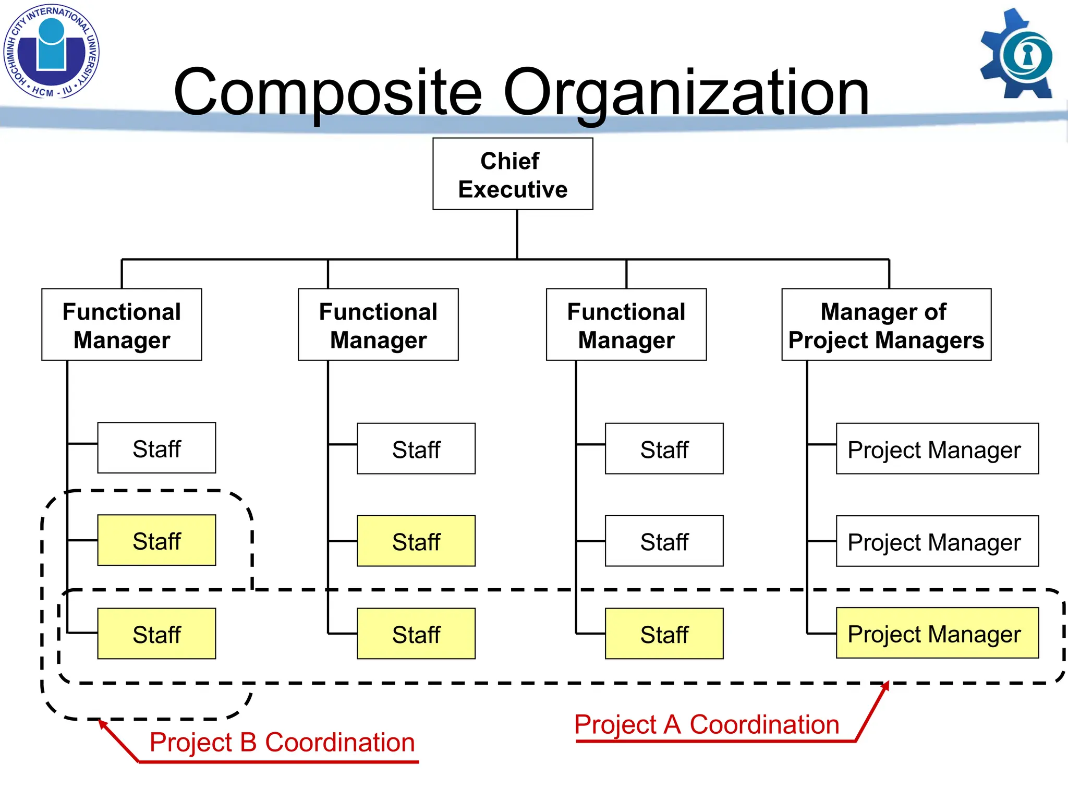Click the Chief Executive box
(513, 174)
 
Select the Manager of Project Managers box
(886, 324)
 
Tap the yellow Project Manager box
(937, 633)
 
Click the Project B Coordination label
(282, 742)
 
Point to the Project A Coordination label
(707, 724)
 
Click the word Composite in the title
(327, 93)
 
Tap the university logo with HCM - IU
(51, 52)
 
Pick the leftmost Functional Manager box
(122, 324)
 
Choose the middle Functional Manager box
(378, 324)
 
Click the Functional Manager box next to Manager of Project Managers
(626, 324)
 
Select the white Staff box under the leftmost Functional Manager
(156, 448)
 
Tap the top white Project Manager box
(937, 448)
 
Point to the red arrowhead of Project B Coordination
(103, 724)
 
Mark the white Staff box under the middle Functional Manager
(416, 448)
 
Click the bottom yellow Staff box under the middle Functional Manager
(416, 634)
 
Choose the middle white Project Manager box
(937, 541)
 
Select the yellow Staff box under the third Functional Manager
(664, 634)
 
